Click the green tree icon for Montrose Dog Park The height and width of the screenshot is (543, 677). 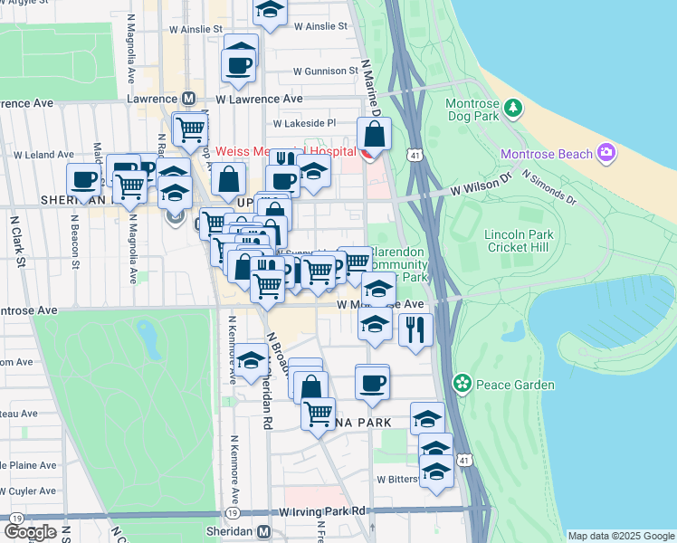pos(514,109)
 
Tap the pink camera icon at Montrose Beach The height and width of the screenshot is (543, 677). pos(605,154)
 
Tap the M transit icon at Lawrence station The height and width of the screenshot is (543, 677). pos(190,99)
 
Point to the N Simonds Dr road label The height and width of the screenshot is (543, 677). pos(549,186)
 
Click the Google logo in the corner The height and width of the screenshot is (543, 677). pos(29,532)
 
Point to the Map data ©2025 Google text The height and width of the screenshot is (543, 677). pos(620,536)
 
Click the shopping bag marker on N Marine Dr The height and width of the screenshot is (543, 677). pos(374,136)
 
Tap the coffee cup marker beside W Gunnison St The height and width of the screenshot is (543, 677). pos(240,65)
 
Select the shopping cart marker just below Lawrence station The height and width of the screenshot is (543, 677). pos(190,129)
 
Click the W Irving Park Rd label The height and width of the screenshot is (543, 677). pos(322,512)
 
